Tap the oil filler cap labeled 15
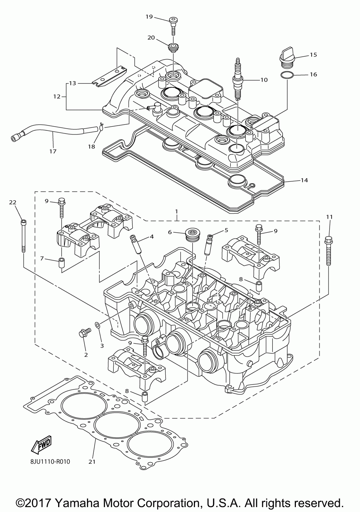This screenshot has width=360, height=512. tap(287, 59)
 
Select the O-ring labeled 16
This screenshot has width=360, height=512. tap(287, 75)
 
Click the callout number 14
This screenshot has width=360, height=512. tap(304, 180)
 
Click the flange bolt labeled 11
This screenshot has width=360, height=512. tap(328, 252)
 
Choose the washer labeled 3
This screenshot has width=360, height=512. tap(97, 325)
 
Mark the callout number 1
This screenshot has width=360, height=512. tap(176, 211)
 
